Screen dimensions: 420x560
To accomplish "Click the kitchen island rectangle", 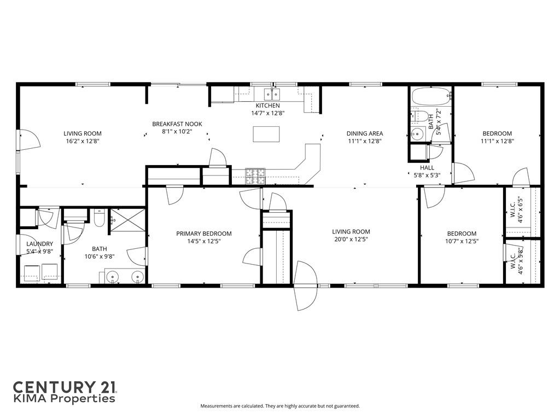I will (266, 134).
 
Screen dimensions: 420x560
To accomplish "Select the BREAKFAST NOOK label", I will (177, 124).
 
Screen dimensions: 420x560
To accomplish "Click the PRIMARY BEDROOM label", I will (204, 234).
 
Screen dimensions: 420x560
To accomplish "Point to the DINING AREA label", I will (365, 133).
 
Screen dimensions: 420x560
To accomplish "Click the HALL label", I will (427, 168).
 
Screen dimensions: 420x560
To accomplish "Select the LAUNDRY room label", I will (39, 244).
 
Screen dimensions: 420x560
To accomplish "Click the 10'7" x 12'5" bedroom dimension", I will (461, 241).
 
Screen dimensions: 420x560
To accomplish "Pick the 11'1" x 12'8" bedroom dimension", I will (497, 141).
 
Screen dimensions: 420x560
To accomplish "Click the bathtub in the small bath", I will (430, 98).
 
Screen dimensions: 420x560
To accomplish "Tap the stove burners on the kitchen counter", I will (255, 175).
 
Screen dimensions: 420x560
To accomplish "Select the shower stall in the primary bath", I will (127, 223).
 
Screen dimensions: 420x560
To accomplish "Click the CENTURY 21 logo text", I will (65, 387).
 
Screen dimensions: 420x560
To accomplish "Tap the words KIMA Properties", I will (65, 399).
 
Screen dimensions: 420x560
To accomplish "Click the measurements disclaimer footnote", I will (280, 406).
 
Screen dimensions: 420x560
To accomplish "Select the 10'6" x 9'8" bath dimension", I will (100, 256).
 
